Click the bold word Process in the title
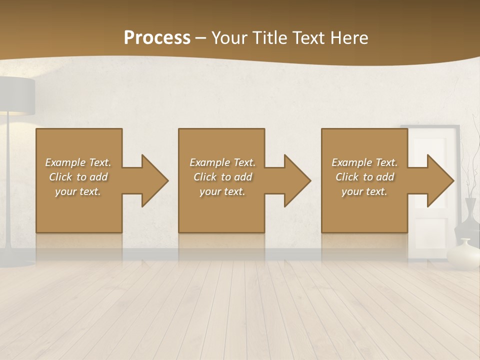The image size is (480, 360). pyautogui.click(x=157, y=38)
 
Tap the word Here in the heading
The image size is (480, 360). pyautogui.click(x=350, y=38)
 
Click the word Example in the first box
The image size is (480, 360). pyautogui.click(x=65, y=162)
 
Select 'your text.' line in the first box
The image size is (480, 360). pyautogui.click(x=78, y=191)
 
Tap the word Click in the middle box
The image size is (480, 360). pyautogui.click(x=205, y=177)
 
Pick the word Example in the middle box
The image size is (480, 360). pyautogui.click(x=209, y=162)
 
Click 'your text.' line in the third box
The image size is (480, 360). pyautogui.click(x=364, y=191)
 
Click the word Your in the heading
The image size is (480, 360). pyautogui.click(x=228, y=38)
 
